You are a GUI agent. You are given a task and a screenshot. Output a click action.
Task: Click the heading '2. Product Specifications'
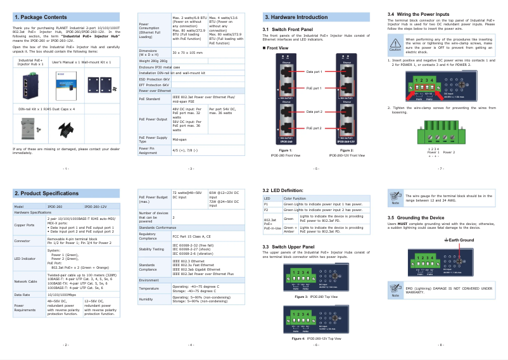[x=46, y=193]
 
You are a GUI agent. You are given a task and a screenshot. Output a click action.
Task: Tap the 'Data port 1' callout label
[x=314, y=72]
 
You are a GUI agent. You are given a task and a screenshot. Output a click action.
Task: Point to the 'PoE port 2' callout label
[x=314, y=128]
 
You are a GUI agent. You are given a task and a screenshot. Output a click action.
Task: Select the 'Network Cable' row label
[x=26, y=281]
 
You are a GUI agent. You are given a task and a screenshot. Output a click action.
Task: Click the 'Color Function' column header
[x=295, y=198]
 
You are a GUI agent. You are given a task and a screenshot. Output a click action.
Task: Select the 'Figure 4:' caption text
[x=298, y=338]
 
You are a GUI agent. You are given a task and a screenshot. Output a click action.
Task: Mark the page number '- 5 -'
[x=316, y=169]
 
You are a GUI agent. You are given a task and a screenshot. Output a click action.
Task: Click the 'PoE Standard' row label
[x=149, y=98]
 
